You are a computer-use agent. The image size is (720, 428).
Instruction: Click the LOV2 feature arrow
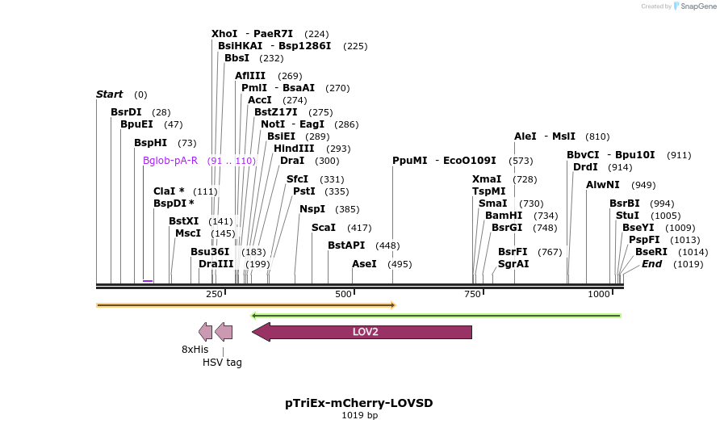pos(363,332)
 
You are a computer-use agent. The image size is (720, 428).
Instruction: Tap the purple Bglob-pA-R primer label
pos(170,161)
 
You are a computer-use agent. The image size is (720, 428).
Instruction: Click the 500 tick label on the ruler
pos(342,295)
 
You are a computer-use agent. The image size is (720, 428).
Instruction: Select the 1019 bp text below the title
pos(359,416)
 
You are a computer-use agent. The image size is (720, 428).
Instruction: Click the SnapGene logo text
pos(698,6)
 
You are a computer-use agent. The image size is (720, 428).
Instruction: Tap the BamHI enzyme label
pos(504,216)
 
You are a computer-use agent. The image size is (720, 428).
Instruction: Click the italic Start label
pos(109,94)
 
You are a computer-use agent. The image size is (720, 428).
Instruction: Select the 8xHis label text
pos(195,350)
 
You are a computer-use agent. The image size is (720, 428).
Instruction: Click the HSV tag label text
pos(222,363)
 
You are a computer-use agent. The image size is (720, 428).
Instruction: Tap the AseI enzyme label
pos(364,264)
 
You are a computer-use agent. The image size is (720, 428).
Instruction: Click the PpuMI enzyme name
pos(409,161)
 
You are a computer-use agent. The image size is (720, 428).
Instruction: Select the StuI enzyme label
pos(626,216)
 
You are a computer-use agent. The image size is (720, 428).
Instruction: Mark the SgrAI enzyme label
pos(513,264)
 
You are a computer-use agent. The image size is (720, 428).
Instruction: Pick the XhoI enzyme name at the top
pos(224,34)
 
